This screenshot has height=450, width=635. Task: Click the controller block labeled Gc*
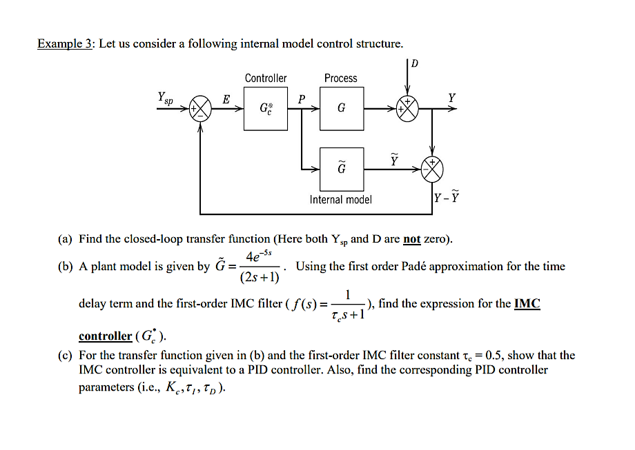[266, 108]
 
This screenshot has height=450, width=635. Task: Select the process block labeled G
[342, 108]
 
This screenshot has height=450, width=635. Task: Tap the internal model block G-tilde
[342, 168]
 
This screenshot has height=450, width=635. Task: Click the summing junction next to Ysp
[200, 109]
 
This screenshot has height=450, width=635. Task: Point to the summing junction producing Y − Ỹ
[434, 169]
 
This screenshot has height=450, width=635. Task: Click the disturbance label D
[414, 64]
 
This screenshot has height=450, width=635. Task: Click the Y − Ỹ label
[447, 199]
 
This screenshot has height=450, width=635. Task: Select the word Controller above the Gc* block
[266, 79]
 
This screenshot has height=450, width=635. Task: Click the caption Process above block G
[341, 79]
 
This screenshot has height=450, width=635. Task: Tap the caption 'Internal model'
[340, 199]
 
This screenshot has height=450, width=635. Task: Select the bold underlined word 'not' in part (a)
[411, 239]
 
